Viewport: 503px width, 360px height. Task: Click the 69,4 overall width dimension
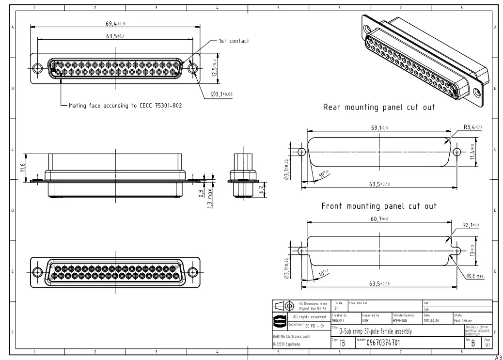(115, 23)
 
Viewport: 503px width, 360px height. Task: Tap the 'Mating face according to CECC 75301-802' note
(125, 105)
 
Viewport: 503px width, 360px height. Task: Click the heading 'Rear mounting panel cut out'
(379, 107)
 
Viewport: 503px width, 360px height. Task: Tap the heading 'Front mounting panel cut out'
(379, 206)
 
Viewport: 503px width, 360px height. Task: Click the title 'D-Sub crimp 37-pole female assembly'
(375, 331)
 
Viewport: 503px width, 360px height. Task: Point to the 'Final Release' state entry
(464, 320)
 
